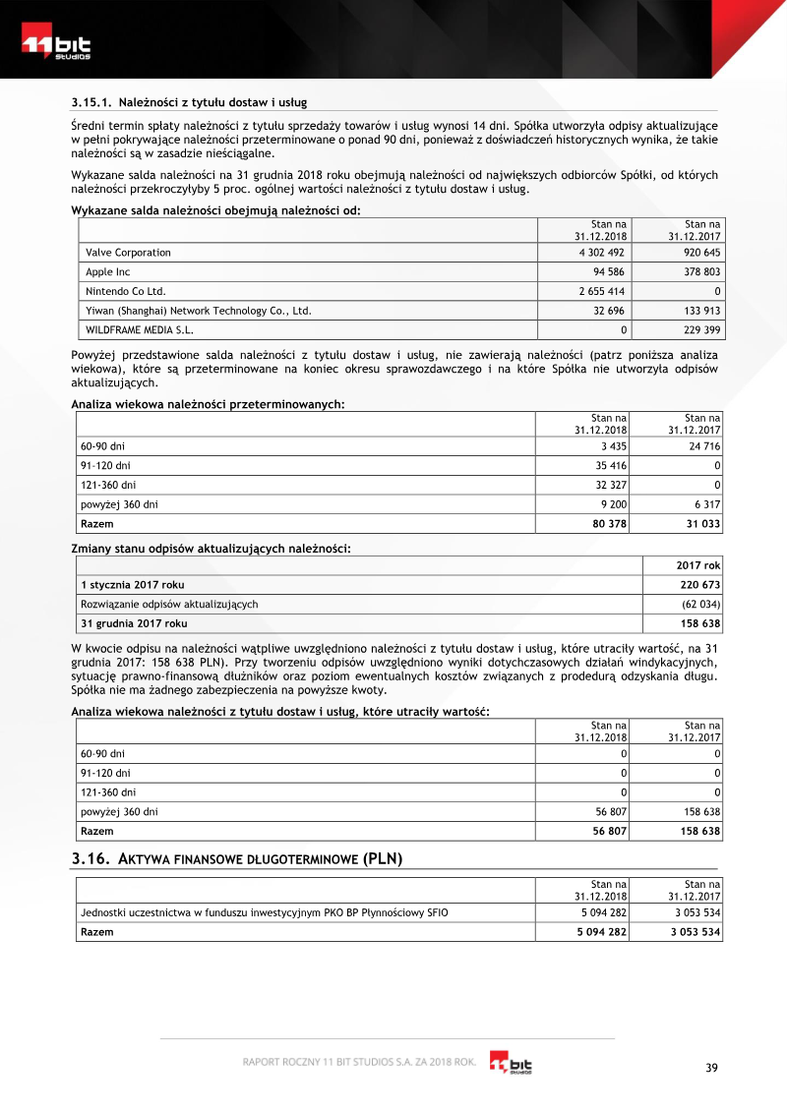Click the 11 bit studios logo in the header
(57, 47)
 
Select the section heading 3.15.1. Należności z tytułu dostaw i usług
(189, 101)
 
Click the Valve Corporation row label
(128, 253)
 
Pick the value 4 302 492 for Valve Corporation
(602, 253)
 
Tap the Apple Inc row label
(108, 272)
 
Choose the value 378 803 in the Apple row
(698, 272)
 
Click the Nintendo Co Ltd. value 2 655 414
(602, 291)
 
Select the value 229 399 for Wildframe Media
(698, 329)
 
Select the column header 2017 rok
(698, 565)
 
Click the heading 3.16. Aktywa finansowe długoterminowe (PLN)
(237, 859)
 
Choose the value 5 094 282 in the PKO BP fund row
(602, 912)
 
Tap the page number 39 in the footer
(713, 1069)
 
